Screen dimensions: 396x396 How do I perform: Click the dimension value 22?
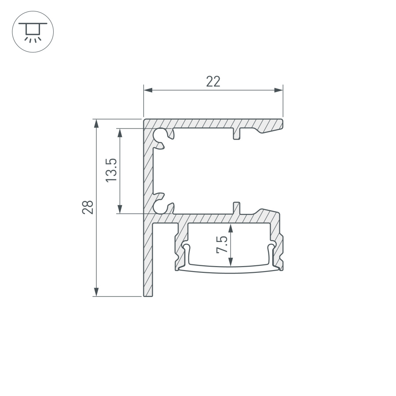point(213,81)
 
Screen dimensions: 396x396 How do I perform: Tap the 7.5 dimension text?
point(222,245)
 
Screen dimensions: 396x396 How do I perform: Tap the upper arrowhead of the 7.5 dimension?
point(230,227)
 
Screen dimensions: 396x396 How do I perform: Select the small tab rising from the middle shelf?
point(237,208)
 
